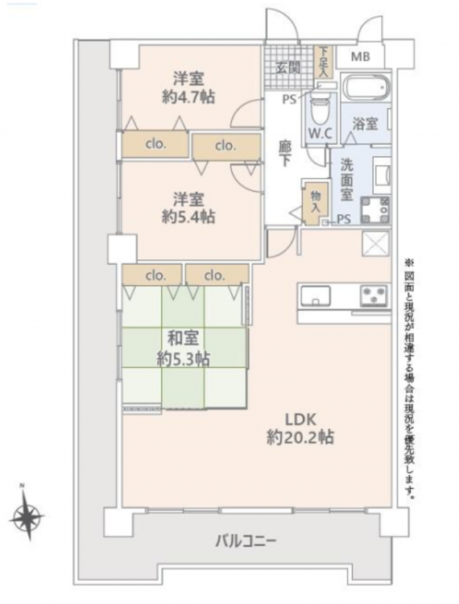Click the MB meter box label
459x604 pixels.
(361, 57)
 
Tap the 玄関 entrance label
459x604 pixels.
(288, 68)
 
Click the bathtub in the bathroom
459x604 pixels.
(366, 87)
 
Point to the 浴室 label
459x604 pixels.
(365, 124)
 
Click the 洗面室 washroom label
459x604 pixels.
(346, 180)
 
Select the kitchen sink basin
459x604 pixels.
(316, 296)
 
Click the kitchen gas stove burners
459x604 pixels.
(374, 296)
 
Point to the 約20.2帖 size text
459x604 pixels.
(300, 437)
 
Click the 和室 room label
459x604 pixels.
(183, 338)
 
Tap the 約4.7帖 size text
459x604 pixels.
(188, 97)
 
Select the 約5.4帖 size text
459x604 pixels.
(188, 217)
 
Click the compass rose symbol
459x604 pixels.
(27, 516)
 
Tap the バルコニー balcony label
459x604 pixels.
(246, 542)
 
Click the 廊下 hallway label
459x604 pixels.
(285, 153)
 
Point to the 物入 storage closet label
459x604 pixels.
(316, 201)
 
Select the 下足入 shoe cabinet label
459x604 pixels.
(324, 61)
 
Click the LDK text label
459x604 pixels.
(300, 419)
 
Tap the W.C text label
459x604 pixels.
(320, 133)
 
